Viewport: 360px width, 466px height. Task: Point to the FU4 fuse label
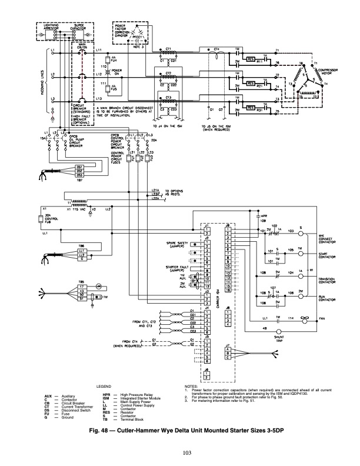tap(114, 60)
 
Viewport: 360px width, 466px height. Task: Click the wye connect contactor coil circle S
tap(301, 233)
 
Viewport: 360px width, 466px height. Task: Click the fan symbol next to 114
tap(305, 318)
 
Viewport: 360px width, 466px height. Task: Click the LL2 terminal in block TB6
tap(81, 255)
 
